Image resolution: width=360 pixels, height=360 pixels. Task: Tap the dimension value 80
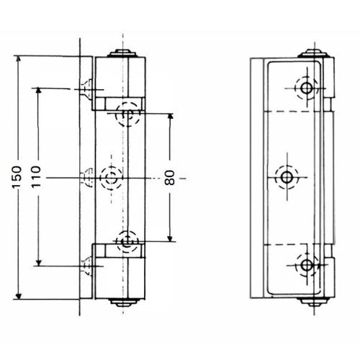click(170, 176)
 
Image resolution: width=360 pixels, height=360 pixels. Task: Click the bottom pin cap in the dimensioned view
click(123, 302)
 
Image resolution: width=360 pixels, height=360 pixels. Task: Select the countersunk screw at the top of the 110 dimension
click(87, 89)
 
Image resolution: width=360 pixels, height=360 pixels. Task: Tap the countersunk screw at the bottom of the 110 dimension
click(87, 265)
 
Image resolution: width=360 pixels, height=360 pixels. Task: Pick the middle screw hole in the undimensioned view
click(287, 176)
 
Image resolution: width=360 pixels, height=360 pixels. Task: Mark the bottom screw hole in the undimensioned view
click(307, 265)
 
